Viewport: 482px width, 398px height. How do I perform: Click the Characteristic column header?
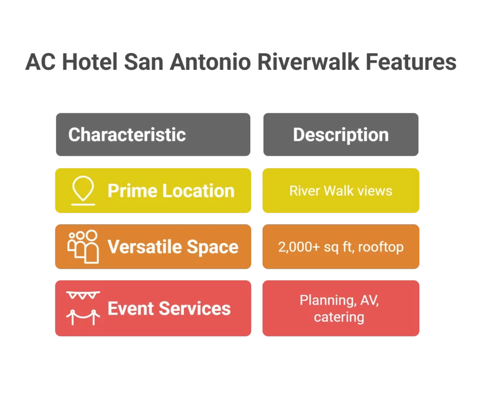(127, 135)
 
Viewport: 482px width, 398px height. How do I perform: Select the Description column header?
(341, 135)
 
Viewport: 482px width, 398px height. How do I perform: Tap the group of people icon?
(83, 247)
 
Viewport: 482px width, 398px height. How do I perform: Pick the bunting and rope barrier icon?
(83, 309)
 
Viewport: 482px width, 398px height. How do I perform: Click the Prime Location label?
(171, 191)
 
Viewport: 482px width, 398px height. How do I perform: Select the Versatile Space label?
(173, 247)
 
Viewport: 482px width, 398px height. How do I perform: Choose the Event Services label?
(169, 309)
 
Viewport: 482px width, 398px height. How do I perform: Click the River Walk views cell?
(341, 191)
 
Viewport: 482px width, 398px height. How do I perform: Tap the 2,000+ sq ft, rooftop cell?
(341, 247)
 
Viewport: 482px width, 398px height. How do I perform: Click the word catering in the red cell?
(339, 317)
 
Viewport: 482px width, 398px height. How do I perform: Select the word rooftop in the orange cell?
(381, 247)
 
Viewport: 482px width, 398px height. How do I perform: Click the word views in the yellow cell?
(374, 191)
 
